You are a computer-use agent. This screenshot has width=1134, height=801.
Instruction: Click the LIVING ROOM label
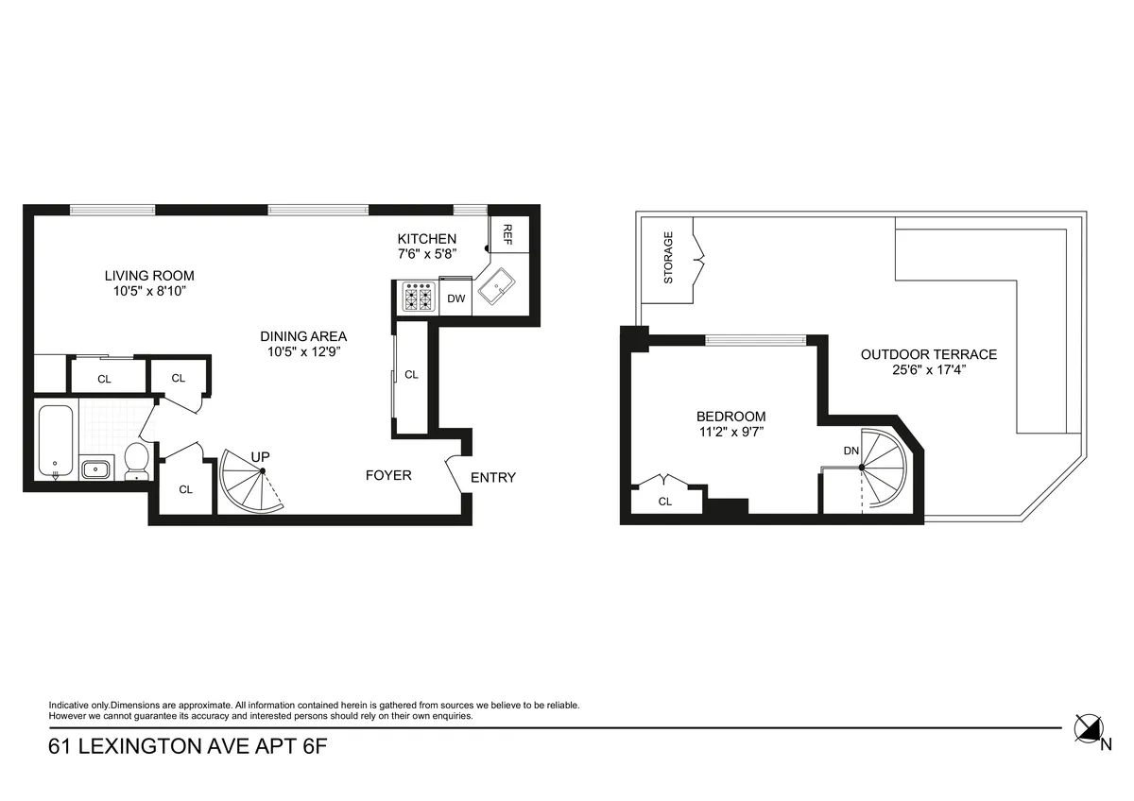pyautogui.click(x=148, y=276)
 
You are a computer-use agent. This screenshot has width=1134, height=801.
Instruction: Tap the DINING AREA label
pyautogui.click(x=303, y=336)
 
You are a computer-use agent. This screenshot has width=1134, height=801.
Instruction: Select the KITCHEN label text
pyautogui.click(x=426, y=239)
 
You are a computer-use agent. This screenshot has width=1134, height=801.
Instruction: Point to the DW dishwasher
pyautogui.click(x=456, y=298)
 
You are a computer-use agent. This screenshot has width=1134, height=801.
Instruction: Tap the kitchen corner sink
pyautogui.click(x=495, y=286)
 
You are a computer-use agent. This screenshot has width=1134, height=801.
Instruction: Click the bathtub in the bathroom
pyautogui.click(x=56, y=439)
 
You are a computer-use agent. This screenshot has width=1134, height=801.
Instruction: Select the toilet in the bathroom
pyautogui.click(x=137, y=459)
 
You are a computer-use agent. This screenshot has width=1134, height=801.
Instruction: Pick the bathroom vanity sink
pyautogui.click(x=96, y=468)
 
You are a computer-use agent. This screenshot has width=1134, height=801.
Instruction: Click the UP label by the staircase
pyautogui.click(x=261, y=457)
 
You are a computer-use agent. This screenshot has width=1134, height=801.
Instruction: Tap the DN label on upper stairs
pyautogui.click(x=851, y=451)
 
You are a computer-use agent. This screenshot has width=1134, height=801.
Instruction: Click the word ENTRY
pyautogui.click(x=493, y=477)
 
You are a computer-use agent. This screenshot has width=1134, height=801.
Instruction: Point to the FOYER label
pyautogui.click(x=388, y=475)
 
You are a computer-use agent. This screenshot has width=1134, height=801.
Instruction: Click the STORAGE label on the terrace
pyautogui.click(x=668, y=257)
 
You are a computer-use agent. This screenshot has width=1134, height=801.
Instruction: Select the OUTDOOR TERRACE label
pyautogui.click(x=928, y=354)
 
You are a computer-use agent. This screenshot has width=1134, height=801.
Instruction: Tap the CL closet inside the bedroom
pyautogui.click(x=665, y=502)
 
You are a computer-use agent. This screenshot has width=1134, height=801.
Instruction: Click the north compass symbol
pyautogui.click(x=1090, y=728)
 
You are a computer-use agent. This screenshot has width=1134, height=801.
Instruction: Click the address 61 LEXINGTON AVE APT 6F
pyautogui.click(x=189, y=747)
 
